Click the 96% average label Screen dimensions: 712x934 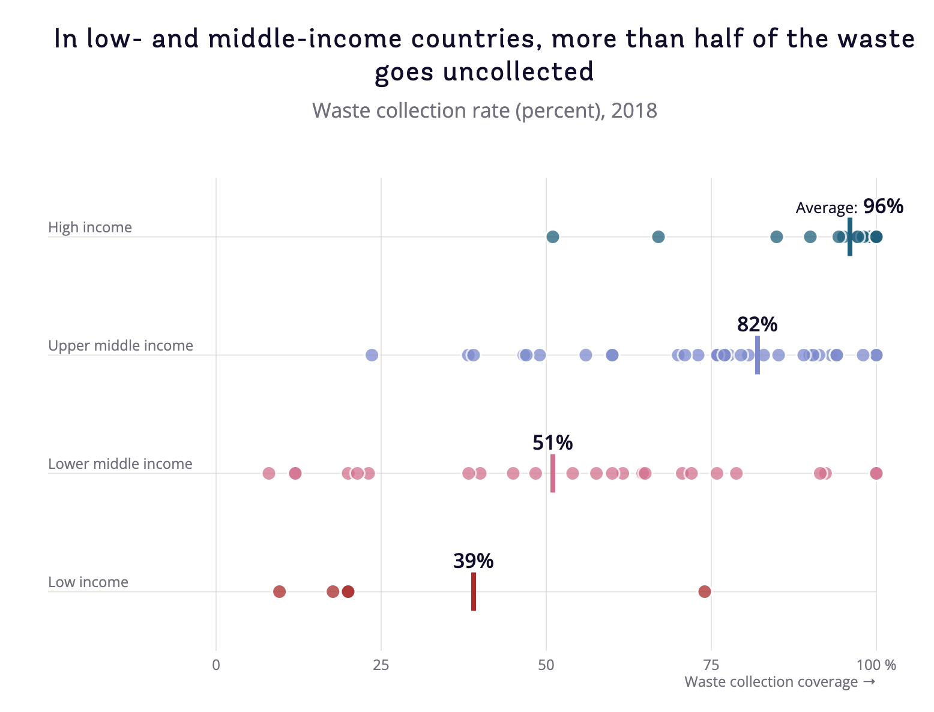883,207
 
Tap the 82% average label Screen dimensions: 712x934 757,325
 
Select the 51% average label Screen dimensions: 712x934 552,443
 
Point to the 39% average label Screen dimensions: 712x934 473,561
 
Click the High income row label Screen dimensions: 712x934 90,228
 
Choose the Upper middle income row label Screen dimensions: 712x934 121,346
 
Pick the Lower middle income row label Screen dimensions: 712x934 120,464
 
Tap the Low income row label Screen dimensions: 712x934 88,582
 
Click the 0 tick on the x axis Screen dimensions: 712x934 216,665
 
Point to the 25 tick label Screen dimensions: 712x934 381,665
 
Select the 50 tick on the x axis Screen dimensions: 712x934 546,665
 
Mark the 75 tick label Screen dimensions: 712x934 711,665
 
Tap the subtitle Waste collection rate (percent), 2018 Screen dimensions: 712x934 484,111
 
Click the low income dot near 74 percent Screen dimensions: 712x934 705,592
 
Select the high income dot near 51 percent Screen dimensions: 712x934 553,237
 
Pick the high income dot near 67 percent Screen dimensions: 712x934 658,237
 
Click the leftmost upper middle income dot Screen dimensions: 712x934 372,355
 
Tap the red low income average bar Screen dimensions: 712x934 474,592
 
